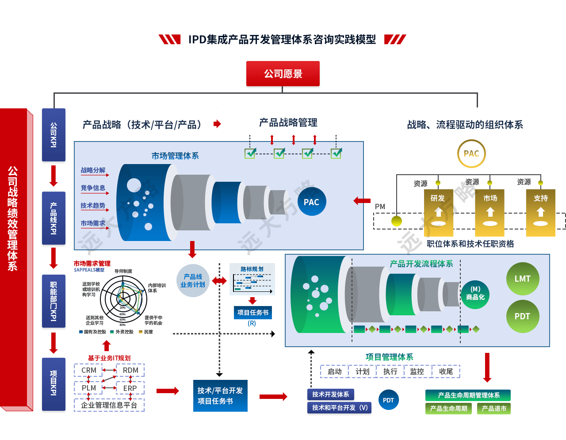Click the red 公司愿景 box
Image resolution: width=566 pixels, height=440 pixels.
click(283, 74)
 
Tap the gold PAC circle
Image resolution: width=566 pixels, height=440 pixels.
click(471, 154)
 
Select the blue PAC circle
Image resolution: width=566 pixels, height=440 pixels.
click(311, 202)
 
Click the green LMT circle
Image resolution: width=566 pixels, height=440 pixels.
click(522, 279)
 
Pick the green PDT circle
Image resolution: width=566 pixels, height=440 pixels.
click(522, 317)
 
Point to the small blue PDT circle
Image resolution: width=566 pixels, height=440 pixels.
click(388, 400)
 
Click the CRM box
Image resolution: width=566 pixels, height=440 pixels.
click(88, 370)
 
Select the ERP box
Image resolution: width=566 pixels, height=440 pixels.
click(130, 388)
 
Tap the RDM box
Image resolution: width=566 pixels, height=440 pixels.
click(130, 370)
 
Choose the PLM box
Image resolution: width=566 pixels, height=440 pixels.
click(88, 388)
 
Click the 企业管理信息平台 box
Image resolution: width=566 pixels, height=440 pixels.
click(109, 405)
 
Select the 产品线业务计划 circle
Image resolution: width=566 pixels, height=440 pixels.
click(193, 281)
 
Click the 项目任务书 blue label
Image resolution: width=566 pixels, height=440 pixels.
click(253, 313)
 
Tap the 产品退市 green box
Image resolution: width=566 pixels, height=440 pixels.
click(494, 409)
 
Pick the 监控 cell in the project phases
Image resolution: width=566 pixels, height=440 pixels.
click(417, 371)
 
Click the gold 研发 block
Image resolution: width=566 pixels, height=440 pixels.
click(438, 213)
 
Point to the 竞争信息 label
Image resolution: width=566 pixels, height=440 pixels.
click(93, 188)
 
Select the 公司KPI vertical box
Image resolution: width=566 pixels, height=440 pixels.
click(54, 135)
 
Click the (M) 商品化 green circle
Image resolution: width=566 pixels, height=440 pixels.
click(475, 293)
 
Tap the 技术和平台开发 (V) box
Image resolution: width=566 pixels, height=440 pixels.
click(340, 408)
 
